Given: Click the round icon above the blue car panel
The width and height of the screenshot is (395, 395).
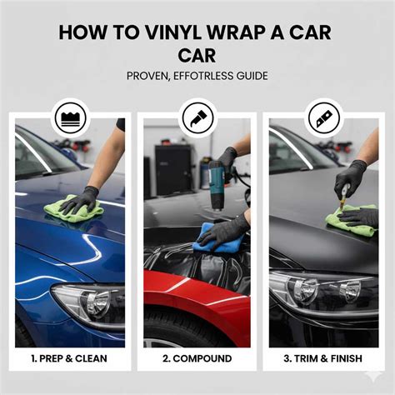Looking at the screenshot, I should [69, 118].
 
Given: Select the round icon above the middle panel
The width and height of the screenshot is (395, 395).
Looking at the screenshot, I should [197, 118].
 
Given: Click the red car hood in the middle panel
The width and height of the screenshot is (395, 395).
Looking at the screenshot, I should [196, 287].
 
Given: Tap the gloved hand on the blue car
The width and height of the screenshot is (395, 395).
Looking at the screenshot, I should [79, 200].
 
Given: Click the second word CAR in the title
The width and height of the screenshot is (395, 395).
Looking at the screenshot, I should [197, 55].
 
